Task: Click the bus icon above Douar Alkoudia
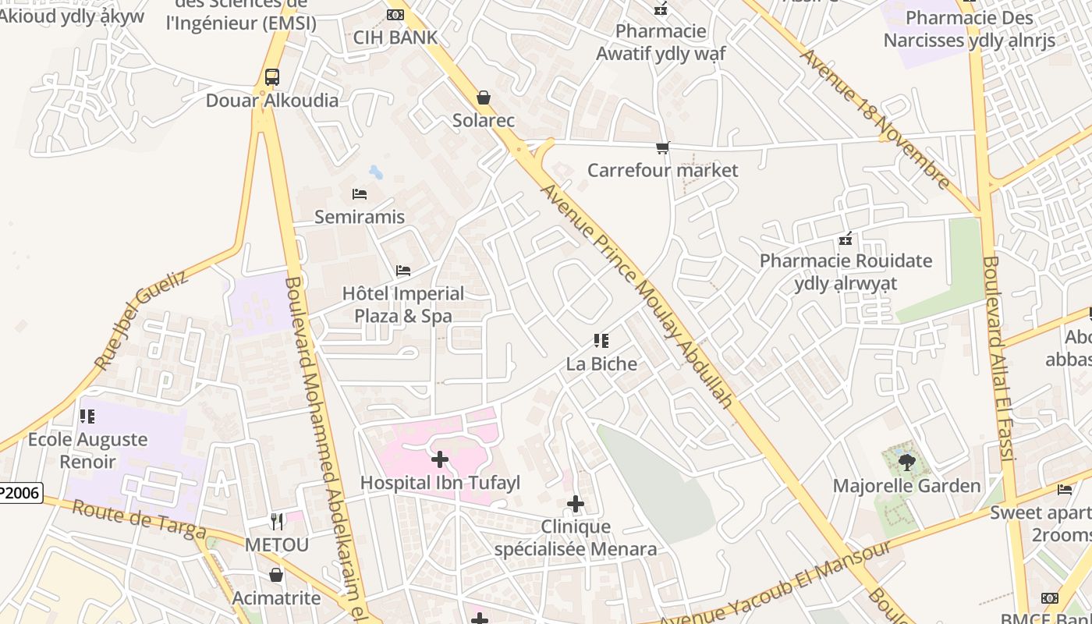pyautogui.click(x=271, y=77)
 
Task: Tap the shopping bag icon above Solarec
pyautogui.click(x=484, y=97)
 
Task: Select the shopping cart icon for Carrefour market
pyautogui.click(x=662, y=147)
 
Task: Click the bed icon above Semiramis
pyautogui.click(x=360, y=193)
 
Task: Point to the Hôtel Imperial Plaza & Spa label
pyautogui.click(x=403, y=305)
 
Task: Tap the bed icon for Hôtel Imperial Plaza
pyautogui.click(x=403, y=271)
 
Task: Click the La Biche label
pyautogui.click(x=601, y=363)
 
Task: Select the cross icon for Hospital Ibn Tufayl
pyautogui.click(x=440, y=459)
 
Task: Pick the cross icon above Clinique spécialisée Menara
pyautogui.click(x=576, y=504)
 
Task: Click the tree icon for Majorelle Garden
pyautogui.click(x=906, y=463)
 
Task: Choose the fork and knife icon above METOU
pyautogui.click(x=277, y=521)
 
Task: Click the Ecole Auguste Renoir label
pyautogui.click(x=87, y=450)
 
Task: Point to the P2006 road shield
pyautogui.click(x=20, y=492)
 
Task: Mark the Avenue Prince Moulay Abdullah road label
pyautogui.click(x=636, y=296)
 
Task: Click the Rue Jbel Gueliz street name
pyautogui.click(x=141, y=320)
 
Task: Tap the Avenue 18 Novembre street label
pyautogui.click(x=874, y=119)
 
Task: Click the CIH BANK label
pyautogui.click(x=395, y=37)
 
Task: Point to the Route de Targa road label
pyautogui.click(x=140, y=519)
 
